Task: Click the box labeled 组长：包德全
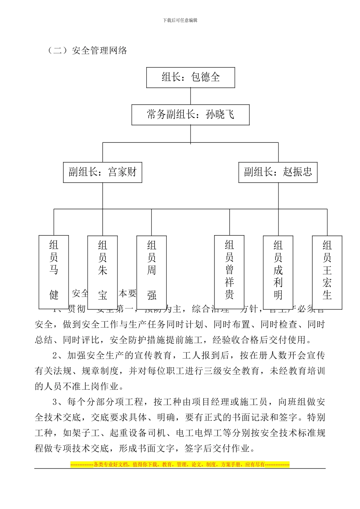[191, 78]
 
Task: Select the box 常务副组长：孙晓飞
[190, 115]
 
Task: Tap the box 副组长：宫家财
[102, 172]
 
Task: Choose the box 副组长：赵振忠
[278, 172]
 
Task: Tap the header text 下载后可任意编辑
[180, 20]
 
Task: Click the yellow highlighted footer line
[180, 464]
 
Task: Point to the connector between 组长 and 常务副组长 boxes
[190, 96]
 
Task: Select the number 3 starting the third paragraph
[55, 402]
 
